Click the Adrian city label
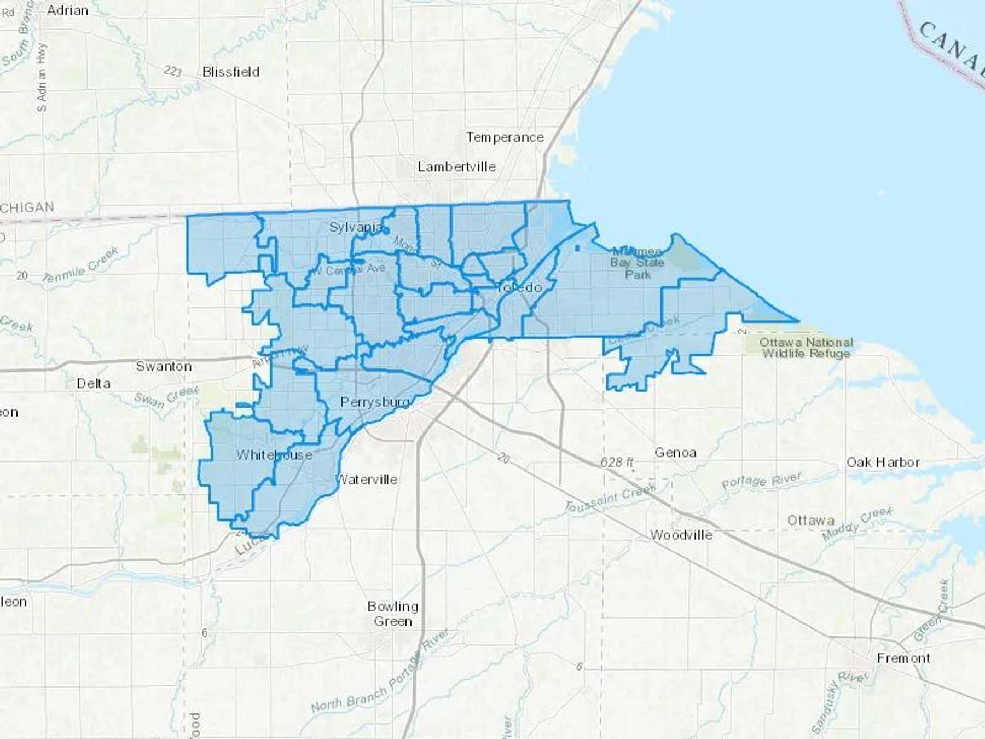point(67,10)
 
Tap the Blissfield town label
point(230,72)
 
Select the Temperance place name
point(505,137)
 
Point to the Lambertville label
point(456,166)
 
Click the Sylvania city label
point(356,227)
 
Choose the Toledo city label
point(519,287)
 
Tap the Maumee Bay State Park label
point(637,263)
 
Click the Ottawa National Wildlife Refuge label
point(806,348)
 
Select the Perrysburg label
point(375,402)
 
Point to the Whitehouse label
point(274,455)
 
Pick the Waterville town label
point(366,480)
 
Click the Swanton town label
point(164,366)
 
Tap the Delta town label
point(94,383)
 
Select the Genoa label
point(675,453)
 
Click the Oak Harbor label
point(883,462)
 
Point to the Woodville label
point(681,535)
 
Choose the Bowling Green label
point(393,614)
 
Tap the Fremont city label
point(903,658)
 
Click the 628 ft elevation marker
point(617,462)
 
